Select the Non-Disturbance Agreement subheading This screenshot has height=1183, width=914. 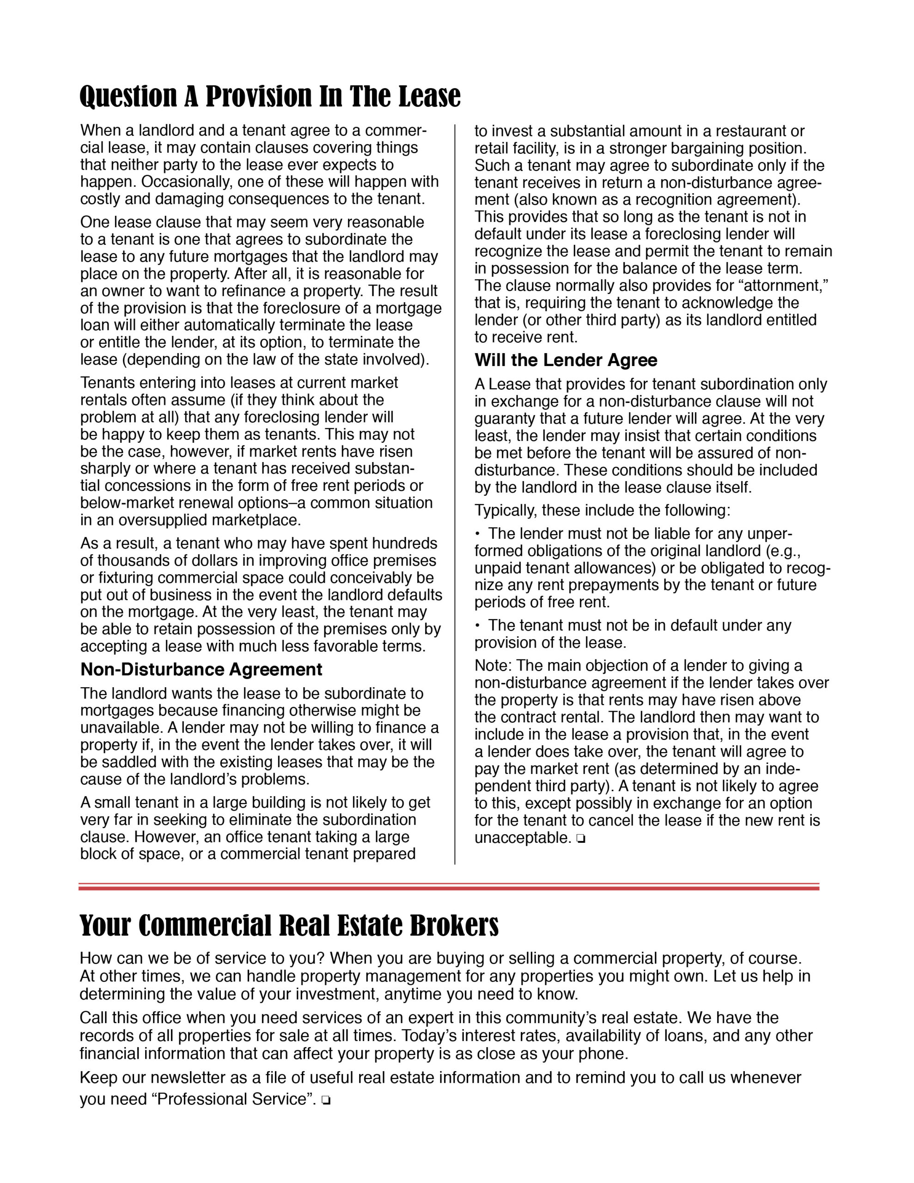(x=201, y=670)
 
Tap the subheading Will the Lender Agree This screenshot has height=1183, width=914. (x=566, y=360)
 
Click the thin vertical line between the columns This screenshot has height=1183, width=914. (x=455, y=488)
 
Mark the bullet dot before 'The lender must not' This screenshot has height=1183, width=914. (x=478, y=534)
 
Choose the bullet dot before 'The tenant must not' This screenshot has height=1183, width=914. (x=478, y=626)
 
